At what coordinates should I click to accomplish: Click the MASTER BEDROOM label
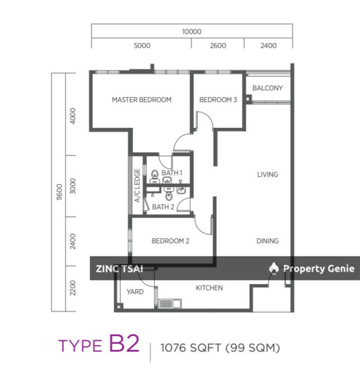[141, 100]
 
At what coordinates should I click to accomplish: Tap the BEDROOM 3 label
[218, 100]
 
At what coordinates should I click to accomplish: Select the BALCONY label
[267, 89]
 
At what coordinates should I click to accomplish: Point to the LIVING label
[267, 174]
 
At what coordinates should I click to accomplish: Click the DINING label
[267, 241]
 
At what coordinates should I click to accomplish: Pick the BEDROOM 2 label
[171, 241]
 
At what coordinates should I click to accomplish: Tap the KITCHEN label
[209, 288]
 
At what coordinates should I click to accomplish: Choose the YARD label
[135, 291]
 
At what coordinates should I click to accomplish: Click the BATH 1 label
[172, 173]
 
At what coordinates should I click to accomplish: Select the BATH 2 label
[163, 207]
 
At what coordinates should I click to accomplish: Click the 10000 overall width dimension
[191, 32]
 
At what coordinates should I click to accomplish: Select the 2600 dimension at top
[218, 46]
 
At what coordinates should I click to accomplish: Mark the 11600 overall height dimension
[60, 192]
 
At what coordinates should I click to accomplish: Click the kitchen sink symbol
[170, 304]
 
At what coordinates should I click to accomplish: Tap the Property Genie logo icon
[274, 268]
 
